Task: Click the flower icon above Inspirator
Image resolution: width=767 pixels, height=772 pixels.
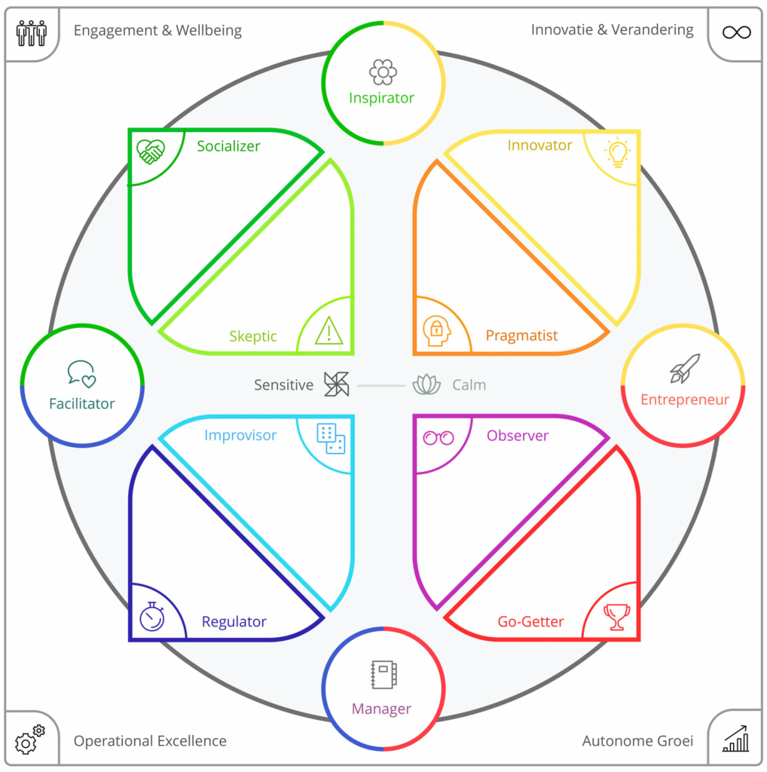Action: pos(383,72)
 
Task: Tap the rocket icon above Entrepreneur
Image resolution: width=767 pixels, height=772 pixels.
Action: pos(684,369)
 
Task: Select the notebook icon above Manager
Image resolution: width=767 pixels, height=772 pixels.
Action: pos(383,675)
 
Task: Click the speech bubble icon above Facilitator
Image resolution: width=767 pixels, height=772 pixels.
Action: pos(81,373)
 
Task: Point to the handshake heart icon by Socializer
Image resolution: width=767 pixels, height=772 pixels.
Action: pos(151,151)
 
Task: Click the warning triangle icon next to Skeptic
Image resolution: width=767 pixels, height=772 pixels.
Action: pos(328,331)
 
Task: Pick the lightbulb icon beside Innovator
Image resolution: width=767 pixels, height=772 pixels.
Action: pos(617,152)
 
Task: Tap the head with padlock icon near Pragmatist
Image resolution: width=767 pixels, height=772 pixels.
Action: pos(436,331)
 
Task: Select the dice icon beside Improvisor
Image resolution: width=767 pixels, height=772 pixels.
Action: pos(330,438)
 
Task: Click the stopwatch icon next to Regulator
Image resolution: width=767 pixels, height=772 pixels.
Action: pos(151,617)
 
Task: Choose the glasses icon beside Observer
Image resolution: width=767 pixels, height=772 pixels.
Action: pos(439,437)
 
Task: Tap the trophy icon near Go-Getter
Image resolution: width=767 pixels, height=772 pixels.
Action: pos(616,617)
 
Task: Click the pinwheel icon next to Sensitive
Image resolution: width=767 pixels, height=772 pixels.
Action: pos(336,384)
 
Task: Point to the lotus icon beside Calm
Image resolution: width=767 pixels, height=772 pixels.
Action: pos(426,384)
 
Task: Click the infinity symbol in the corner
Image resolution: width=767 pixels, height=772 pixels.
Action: pos(736,32)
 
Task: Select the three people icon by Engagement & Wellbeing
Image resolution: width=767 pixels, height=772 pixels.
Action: pos(32,32)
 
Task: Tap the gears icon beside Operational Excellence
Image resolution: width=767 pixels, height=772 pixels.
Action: pos(30,740)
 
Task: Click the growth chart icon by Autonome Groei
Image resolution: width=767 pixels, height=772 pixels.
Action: pos(735,740)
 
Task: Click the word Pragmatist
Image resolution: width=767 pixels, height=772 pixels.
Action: pos(521,335)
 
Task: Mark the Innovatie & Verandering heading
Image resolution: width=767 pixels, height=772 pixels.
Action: pos(612,30)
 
